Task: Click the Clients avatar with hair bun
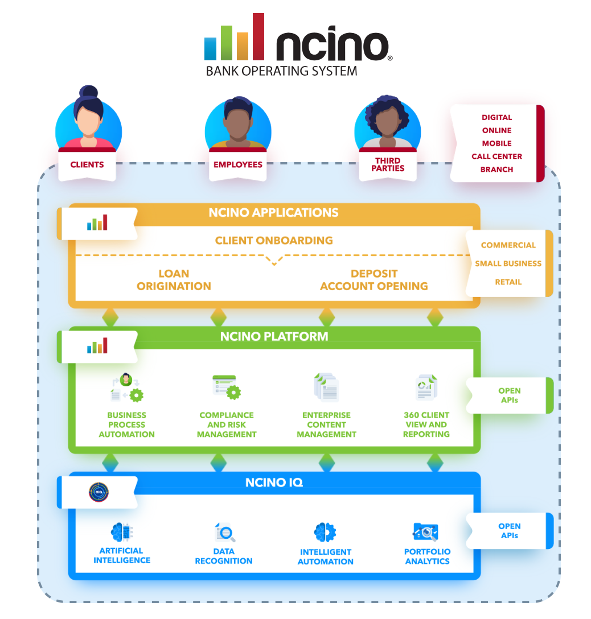click(x=88, y=119)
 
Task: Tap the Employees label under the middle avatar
click(x=237, y=164)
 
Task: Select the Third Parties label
click(x=388, y=164)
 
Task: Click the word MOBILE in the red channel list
click(x=496, y=143)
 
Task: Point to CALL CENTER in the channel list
click(x=496, y=156)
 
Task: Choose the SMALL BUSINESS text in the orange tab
click(x=508, y=263)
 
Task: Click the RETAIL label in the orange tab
click(x=508, y=282)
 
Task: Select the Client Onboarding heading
click(x=274, y=240)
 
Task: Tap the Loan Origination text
click(x=174, y=280)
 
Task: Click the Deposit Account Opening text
click(x=374, y=280)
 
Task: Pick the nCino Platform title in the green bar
click(x=274, y=336)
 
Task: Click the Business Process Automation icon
click(x=126, y=388)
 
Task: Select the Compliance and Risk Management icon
click(x=227, y=387)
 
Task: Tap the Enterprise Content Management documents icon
click(x=326, y=387)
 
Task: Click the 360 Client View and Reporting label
click(x=426, y=424)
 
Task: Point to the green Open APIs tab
click(x=509, y=395)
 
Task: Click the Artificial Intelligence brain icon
click(x=122, y=533)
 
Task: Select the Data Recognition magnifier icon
click(x=225, y=533)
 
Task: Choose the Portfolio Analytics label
click(x=427, y=556)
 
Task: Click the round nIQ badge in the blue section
click(x=99, y=492)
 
